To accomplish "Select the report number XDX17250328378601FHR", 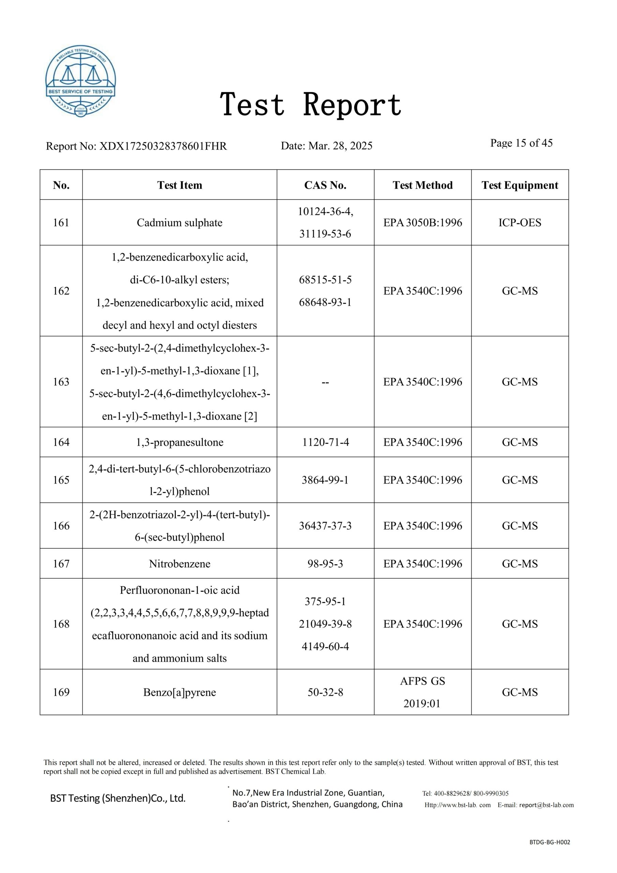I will point(163,146).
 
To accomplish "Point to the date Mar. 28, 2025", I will point(340,146).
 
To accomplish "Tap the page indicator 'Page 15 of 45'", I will point(521,143).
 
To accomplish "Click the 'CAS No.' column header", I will point(325,185).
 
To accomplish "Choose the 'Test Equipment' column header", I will point(520,185).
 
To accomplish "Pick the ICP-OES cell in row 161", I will point(520,222).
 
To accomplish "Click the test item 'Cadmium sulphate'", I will point(179,222).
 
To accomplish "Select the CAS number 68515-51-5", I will point(325,280).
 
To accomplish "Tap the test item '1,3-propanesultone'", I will point(179,442).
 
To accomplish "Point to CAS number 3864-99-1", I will point(325,480).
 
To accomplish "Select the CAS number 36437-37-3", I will point(325,526).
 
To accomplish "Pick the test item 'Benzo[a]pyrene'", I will point(179,692).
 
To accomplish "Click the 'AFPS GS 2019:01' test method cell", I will point(422,692).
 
